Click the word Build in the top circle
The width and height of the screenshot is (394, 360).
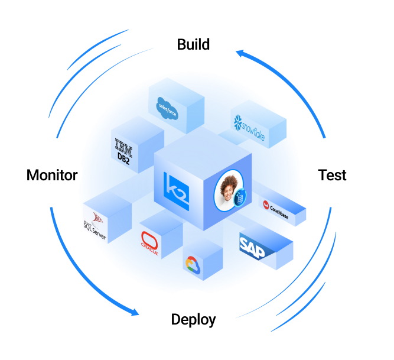[193, 44]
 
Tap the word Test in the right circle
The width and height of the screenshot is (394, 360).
[332, 175]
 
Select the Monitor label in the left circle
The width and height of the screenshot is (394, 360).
[52, 175]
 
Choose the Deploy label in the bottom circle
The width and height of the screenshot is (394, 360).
[193, 320]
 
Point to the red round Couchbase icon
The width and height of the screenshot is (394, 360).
[266, 205]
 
